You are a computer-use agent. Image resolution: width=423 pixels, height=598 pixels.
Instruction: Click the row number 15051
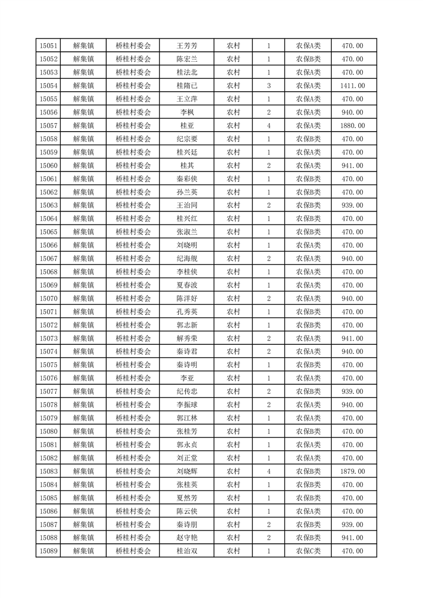[48, 46]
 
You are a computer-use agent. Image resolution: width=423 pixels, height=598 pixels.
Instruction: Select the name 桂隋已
[187, 86]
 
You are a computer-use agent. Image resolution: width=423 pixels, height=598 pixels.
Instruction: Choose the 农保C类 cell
[308, 551]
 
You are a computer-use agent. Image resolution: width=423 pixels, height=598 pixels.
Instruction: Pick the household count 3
[268, 86]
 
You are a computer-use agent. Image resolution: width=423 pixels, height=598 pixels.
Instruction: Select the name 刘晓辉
[187, 471]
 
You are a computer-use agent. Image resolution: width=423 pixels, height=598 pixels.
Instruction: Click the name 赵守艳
[187, 538]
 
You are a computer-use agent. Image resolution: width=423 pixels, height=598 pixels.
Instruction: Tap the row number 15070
[48, 298]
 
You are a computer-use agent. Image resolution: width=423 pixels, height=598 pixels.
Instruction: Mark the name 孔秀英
[187, 312]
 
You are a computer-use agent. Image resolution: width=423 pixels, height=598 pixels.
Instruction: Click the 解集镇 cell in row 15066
[83, 245]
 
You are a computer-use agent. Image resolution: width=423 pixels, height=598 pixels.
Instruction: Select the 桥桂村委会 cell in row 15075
[133, 365]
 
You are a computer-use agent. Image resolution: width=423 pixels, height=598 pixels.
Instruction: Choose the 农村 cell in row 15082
[233, 458]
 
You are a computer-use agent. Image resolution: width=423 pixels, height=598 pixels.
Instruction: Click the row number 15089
[48, 551]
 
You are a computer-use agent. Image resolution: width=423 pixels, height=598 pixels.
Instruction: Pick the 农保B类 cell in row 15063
[308, 205]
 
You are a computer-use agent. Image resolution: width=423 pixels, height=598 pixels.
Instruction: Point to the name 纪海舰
[187, 258]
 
